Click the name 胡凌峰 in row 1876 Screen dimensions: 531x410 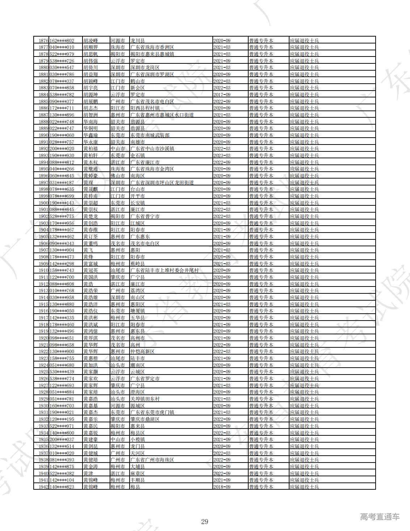tap(90, 41)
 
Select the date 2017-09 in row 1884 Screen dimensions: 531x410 tap(222, 95)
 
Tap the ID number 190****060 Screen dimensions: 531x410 tap(62, 135)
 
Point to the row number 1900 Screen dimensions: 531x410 tap(43, 203)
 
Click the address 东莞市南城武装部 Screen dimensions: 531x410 tap(150, 135)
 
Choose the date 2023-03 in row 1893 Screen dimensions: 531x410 tap(222, 155)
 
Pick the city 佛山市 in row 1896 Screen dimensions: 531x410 tap(118, 176)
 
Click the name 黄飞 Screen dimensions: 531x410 tap(88, 250)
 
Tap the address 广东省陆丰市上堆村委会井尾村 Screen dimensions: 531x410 tap(165, 270)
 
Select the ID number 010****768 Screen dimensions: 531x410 tap(62, 290)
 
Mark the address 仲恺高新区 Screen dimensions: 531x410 tap(143, 351)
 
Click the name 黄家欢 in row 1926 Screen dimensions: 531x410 tap(90, 379)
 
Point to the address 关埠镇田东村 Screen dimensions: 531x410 tap(145, 399)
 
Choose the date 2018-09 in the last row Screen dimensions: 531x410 tap(222, 487)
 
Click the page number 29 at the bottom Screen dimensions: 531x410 tap(205, 522)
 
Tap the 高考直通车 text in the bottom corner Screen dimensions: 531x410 tap(380, 517)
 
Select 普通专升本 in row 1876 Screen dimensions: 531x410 tap(261, 41)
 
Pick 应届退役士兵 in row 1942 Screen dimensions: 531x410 tap(304, 487)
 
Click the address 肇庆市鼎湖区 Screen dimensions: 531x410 tap(145, 419)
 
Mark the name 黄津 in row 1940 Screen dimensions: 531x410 tap(88, 473)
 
